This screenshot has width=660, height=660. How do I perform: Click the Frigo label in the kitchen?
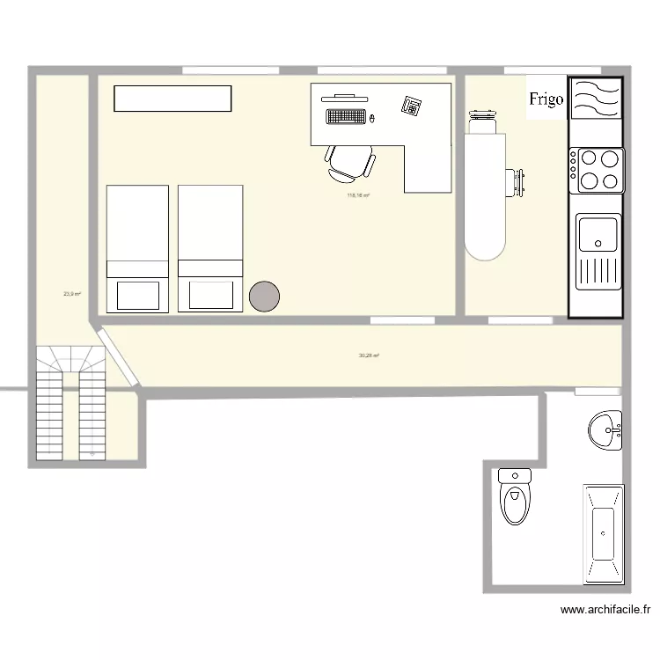pos(546,99)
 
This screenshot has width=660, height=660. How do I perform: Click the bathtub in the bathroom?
pos(604,534)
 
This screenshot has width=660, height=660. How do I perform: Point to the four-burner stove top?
pos(597,170)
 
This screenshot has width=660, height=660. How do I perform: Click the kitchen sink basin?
pos(598,235)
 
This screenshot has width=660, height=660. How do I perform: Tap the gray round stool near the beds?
pos(264,296)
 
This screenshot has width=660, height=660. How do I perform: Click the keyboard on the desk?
pos(345,115)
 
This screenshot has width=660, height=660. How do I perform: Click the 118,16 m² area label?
pos(358,195)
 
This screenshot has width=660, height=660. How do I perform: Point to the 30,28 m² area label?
pos(369,356)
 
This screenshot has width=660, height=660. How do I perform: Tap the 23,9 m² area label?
pos(72,294)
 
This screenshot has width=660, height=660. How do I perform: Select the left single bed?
pos(136,248)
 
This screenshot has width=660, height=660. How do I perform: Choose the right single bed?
pos(210,248)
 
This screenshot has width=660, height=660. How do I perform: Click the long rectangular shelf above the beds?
pos(172,99)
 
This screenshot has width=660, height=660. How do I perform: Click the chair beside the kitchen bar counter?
pos(515,182)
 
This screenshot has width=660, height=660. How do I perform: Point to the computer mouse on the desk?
pos(372,117)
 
